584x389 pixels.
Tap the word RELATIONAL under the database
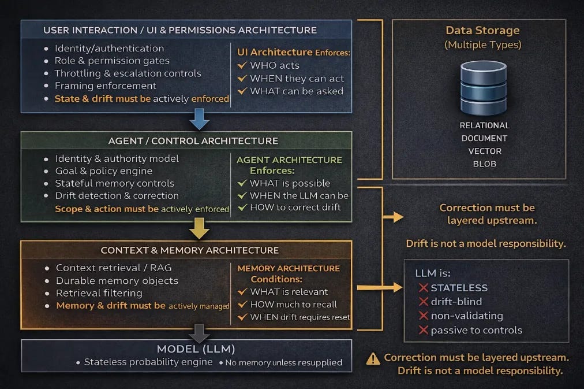click(x=484, y=125)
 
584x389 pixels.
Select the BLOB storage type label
click(x=484, y=164)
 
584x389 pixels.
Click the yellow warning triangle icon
click(x=373, y=359)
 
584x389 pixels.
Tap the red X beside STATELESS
click(x=423, y=288)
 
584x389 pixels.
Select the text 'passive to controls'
click(x=476, y=331)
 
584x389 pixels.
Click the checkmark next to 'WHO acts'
click(x=242, y=65)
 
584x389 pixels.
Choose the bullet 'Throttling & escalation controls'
click(x=128, y=73)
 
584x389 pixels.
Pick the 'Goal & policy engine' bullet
click(x=103, y=171)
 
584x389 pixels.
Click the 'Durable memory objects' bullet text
click(x=117, y=281)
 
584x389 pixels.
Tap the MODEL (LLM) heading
click(x=188, y=350)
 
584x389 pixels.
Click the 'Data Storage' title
click(x=482, y=31)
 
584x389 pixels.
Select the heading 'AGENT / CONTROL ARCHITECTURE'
click(x=193, y=141)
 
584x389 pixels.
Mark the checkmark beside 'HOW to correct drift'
click(x=242, y=208)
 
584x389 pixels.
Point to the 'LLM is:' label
click(x=433, y=273)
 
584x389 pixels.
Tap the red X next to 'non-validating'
click(x=423, y=316)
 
